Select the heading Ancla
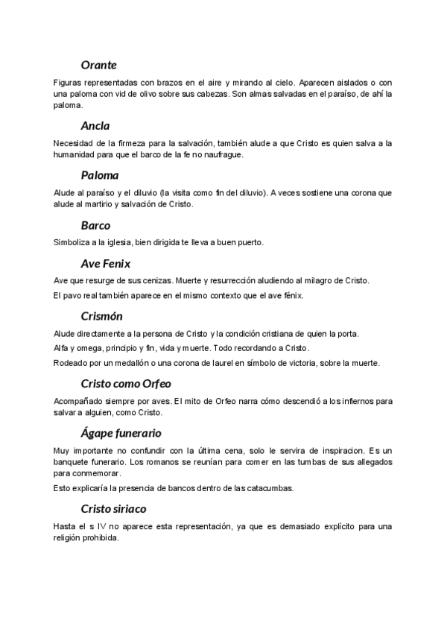click(x=95, y=125)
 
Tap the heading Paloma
click(x=100, y=175)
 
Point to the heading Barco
click(x=95, y=225)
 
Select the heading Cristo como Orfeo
click(x=125, y=384)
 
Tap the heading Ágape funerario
click(x=121, y=433)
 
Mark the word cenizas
click(x=156, y=280)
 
